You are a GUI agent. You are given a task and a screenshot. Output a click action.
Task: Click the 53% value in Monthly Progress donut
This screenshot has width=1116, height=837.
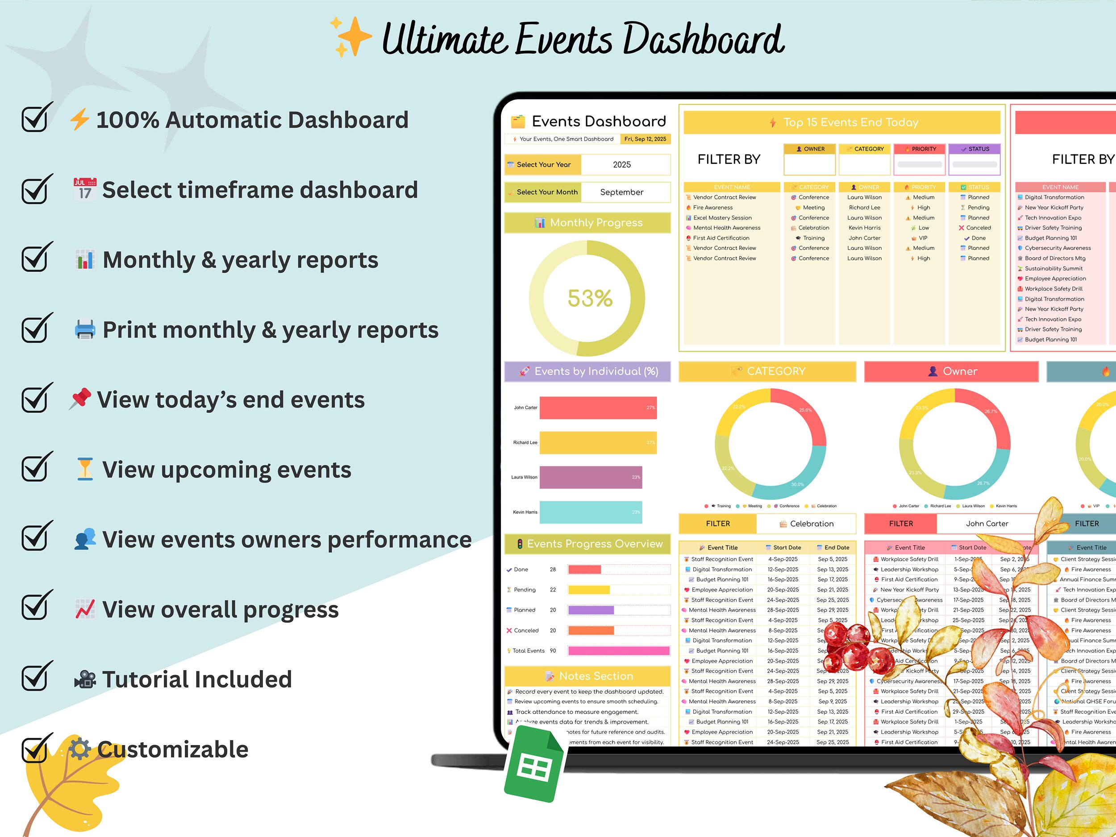click(x=590, y=298)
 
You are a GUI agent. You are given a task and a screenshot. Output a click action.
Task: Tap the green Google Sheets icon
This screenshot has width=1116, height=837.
click(x=534, y=766)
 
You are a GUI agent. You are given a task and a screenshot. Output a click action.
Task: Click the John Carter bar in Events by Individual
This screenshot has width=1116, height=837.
click(x=598, y=408)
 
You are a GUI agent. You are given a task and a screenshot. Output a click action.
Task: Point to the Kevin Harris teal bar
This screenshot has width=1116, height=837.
click(x=590, y=512)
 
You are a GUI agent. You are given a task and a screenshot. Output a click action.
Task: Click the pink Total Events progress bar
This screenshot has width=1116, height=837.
click(x=619, y=651)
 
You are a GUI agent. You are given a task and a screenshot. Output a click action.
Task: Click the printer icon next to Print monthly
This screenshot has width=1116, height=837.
click(x=85, y=329)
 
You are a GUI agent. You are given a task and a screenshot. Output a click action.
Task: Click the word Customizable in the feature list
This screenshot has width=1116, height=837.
click(x=173, y=750)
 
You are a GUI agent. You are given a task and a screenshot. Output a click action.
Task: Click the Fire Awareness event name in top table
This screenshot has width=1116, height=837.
click(x=712, y=208)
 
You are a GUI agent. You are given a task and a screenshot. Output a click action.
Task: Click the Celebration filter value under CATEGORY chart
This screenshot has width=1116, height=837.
click(x=811, y=524)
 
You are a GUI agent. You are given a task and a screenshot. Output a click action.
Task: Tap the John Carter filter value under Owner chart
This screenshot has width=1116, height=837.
click(x=987, y=524)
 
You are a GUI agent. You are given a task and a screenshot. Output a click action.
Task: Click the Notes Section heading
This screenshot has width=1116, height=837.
click(x=596, y=676)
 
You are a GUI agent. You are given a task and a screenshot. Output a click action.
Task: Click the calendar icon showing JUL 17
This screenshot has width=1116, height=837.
click(x=85, y=189)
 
